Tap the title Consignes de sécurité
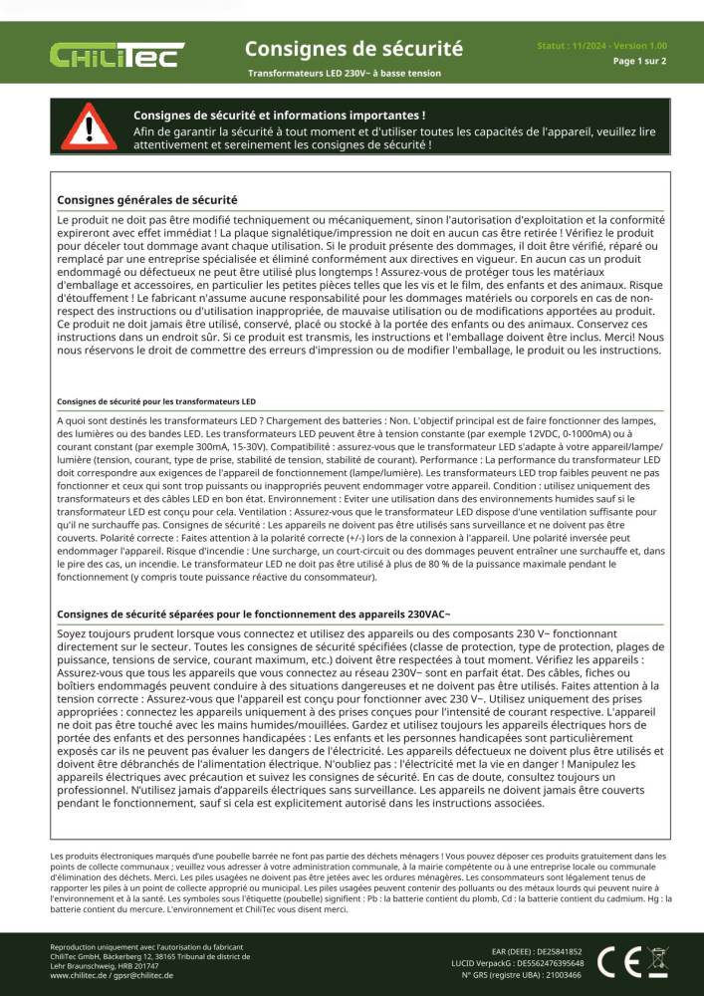click(x=353, y=48)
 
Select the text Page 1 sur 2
click(x=639, y=61)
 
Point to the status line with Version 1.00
click(x=601, y=46)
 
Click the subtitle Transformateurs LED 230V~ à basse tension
click(x=345, y=73)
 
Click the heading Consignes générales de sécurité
click(x=147, y=200)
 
